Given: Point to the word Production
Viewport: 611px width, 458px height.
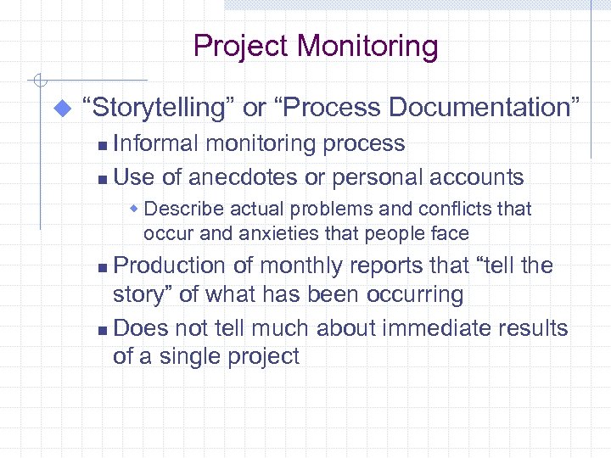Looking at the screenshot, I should pos(171,265).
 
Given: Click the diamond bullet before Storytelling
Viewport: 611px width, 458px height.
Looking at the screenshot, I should pos(60,109).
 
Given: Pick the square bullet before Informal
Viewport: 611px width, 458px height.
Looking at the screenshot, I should pos(103,145).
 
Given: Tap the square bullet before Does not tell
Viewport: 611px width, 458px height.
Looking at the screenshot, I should pos(103,329).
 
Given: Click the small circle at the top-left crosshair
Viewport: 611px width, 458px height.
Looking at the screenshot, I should pos(37,81).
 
